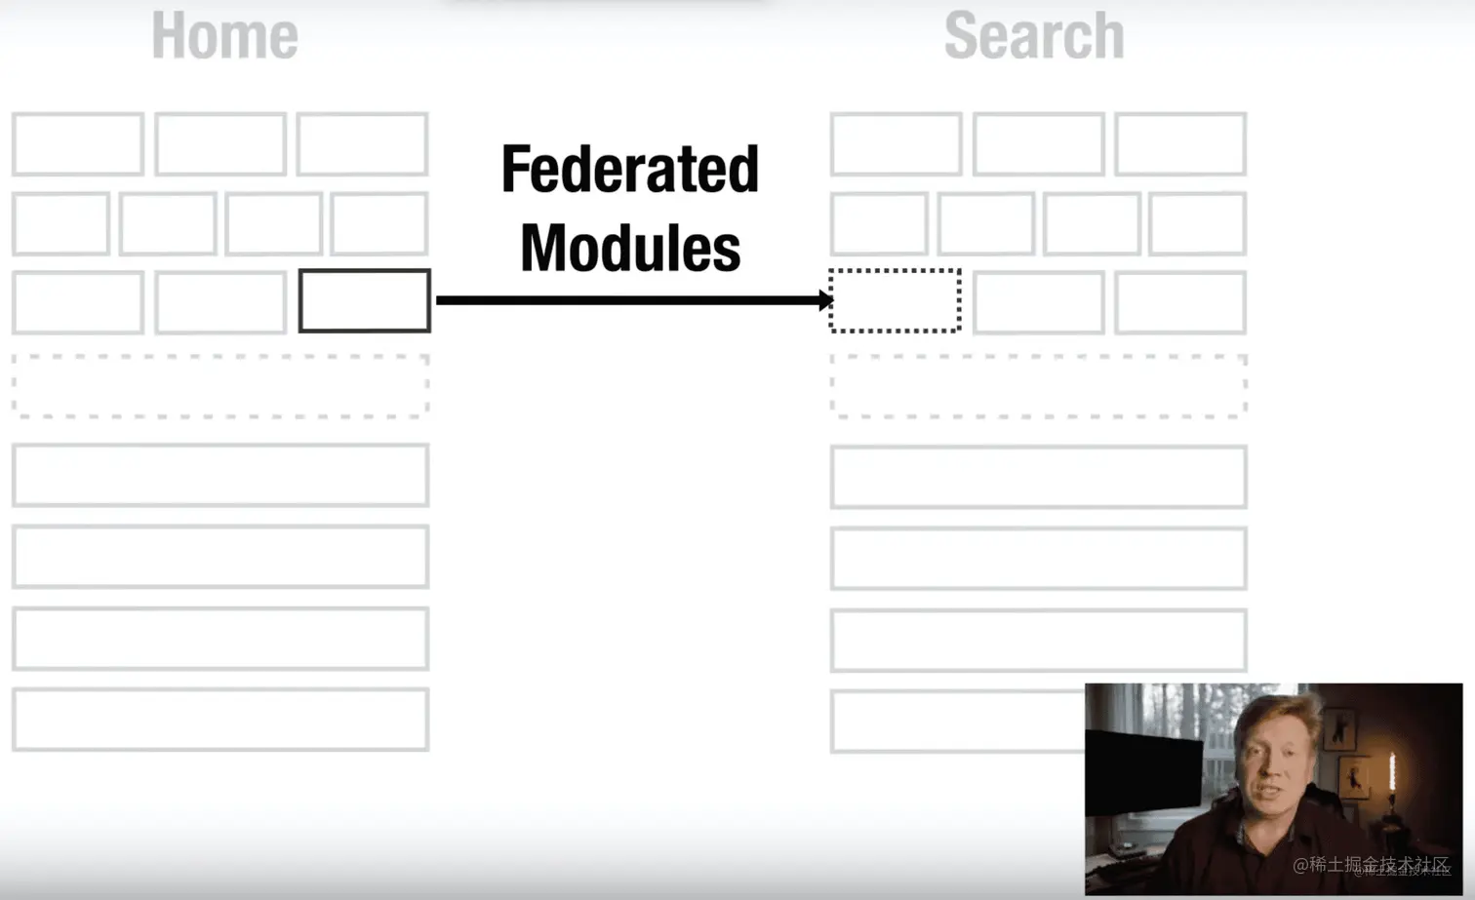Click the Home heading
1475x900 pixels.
pyautogui.click(x=224, y=36)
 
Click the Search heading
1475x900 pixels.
pyautogui.click(x=1034, y=36)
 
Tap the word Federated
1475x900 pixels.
pyautogui.click(x=629, y=170)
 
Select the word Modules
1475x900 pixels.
pyautogui.click(x=629, y=249)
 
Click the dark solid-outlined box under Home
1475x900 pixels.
pyautogui.click(x=364, y=300)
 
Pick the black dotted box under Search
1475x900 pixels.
pyautogui.click(x=895, y=300)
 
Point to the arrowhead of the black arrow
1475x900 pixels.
pyautogui.click(x=825, y=300)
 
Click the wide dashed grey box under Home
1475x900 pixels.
pyautogui.click(x=220, y=386)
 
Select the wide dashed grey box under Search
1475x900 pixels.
pyautogui.click(x=1038, y=386)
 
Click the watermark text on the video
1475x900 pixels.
pyautogui.click(x=1371, y=865)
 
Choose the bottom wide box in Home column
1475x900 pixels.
pyautogui.click(x=220, y=720)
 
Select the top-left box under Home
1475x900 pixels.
pyautogui.click(x=78, y=144)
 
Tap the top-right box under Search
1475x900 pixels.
pyautogui.click(x=1180, y=144)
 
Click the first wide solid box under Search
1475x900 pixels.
pyautogui.click(x=1038, y=477)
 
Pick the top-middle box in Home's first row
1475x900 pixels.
pyautogui.click(x=220, y=144)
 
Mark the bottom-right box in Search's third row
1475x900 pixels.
pyautogui.click(x=1180, y=302)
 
